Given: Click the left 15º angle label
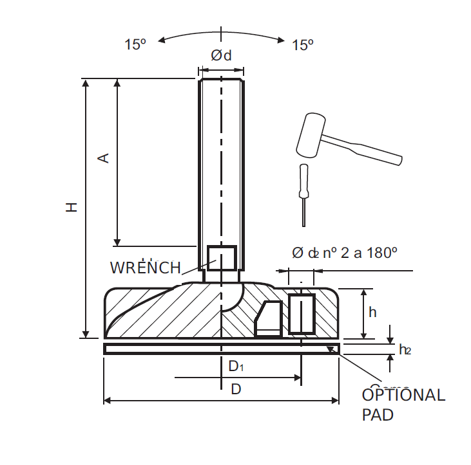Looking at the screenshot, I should point(135,45).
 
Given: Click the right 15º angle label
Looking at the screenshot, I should point(302,45).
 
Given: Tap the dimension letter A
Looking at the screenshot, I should point(103,158).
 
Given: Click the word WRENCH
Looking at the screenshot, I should point(145,268).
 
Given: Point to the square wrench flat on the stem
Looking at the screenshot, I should point(222,259).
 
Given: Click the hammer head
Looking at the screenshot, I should point(312,134).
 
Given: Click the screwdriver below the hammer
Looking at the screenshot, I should point(303,193).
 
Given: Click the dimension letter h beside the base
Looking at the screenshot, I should point(372,312).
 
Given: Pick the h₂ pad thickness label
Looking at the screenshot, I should point(405,350).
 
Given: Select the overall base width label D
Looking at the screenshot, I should point(236,389).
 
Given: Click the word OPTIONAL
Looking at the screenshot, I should point(403,395).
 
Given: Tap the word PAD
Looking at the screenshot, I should point(378,415).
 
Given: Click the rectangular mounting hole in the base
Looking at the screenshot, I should point(301,314).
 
